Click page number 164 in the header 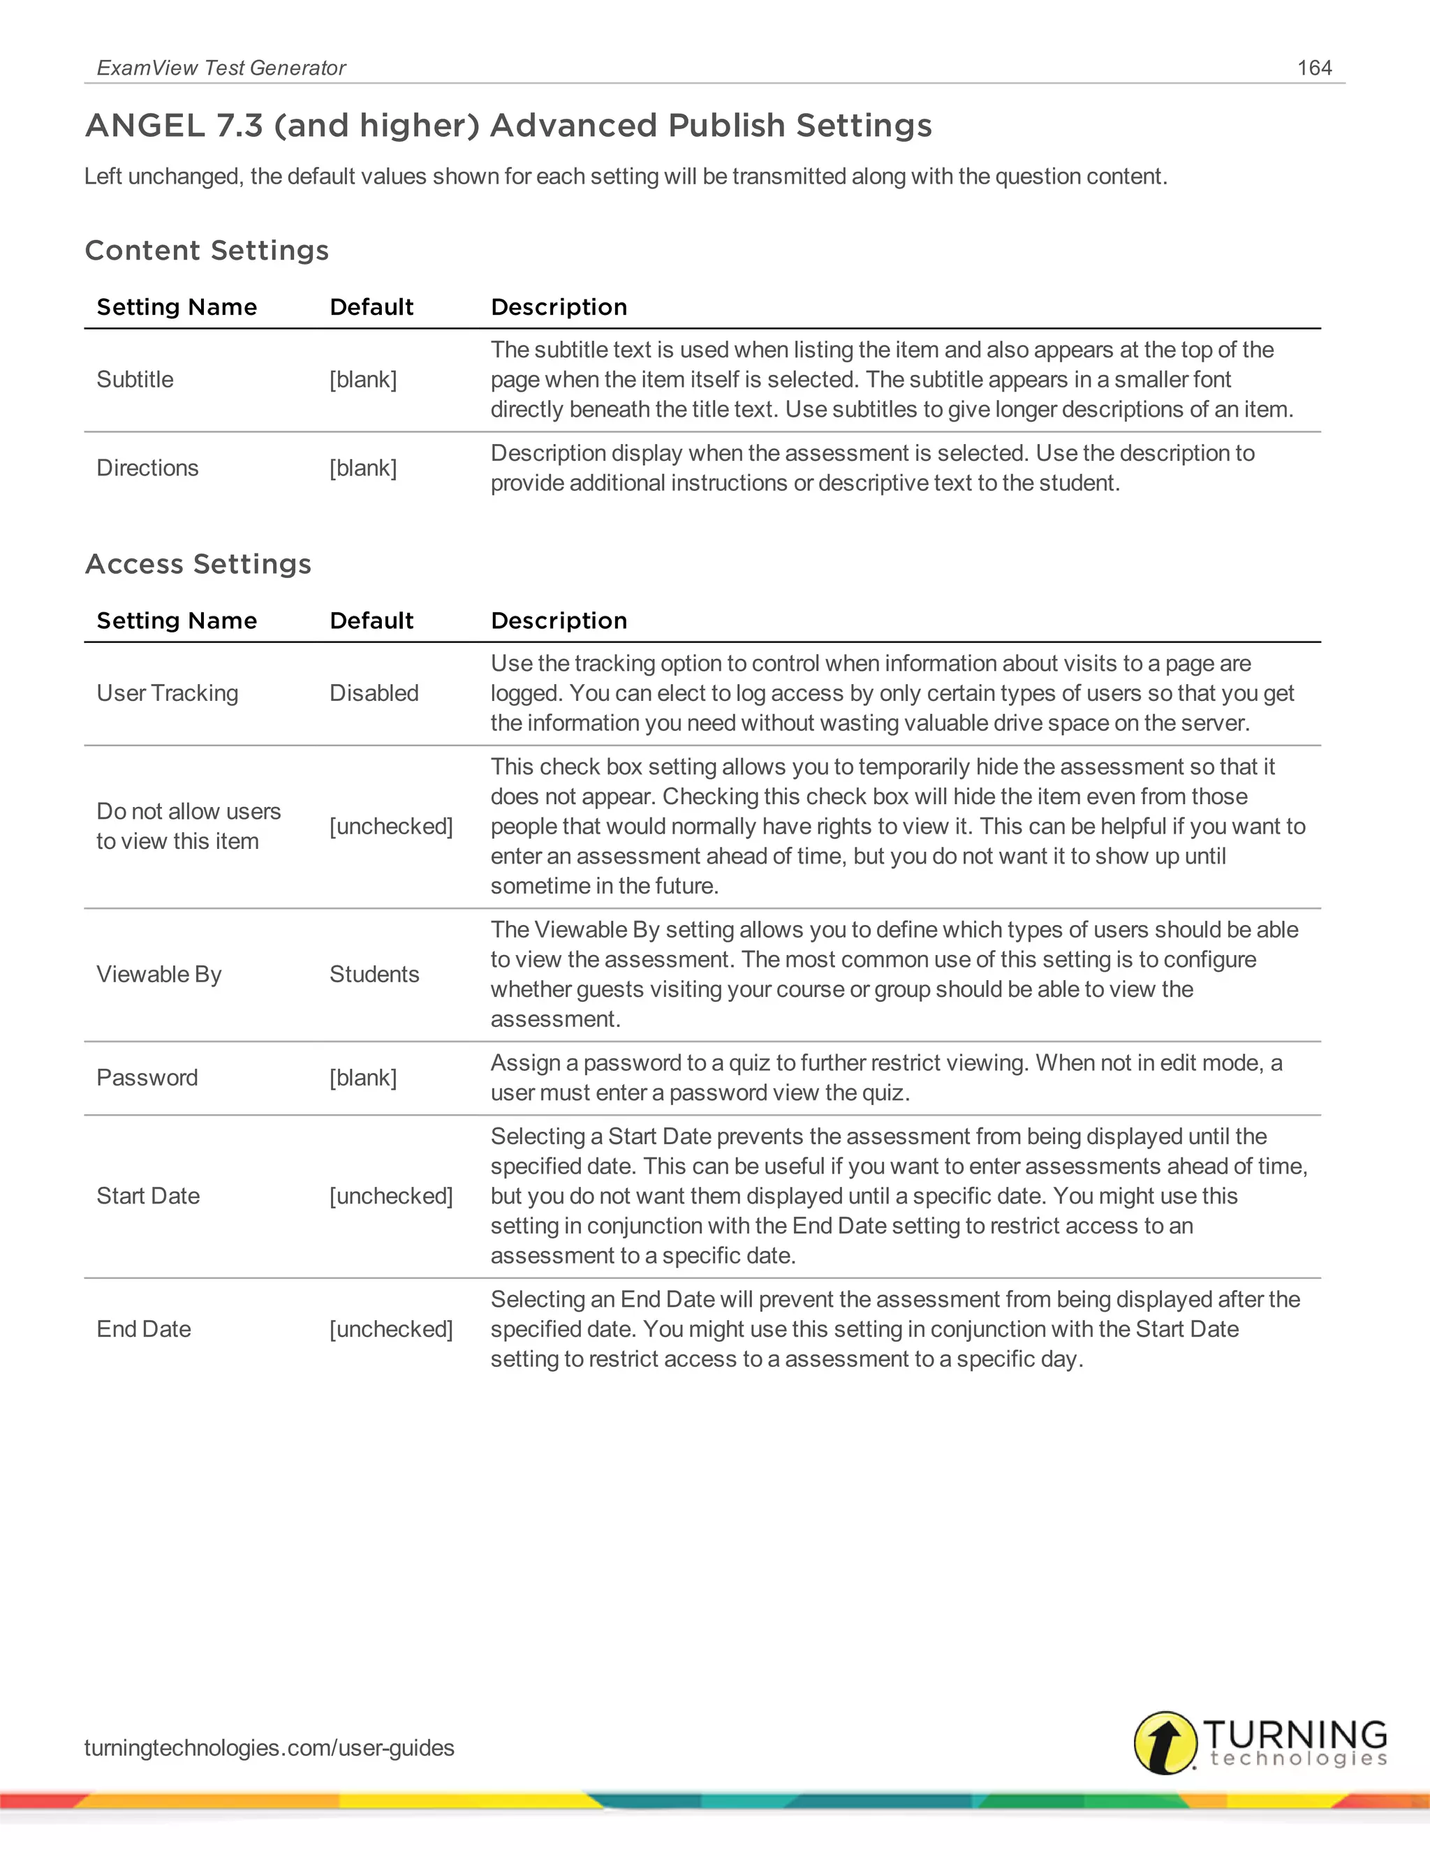[x=1314, y=68]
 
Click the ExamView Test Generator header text [x=221, y=68]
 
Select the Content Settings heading [x=207, y=251]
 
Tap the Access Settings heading [x=198, y=564]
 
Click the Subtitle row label [x=135, y=380]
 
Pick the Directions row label [x=147, y=468]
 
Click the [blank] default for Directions [x=362, y=468]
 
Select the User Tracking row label [x=167, y=693]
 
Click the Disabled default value [x=374, y=693]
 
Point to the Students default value [x=374, y=974]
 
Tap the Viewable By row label [x=159, y=974]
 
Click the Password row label [x=147, y=1077]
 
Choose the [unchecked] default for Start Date [x=390, y=1196]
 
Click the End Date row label [x=143, y=1329]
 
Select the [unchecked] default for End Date [x=390, y=1329]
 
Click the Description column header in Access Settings [x=559, y=621]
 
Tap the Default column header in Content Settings [x=371, y=307]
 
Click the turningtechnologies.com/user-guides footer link [x=269, y=1747]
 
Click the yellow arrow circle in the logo [x=1165, y=1742]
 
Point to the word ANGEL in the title [x=145, y=126]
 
